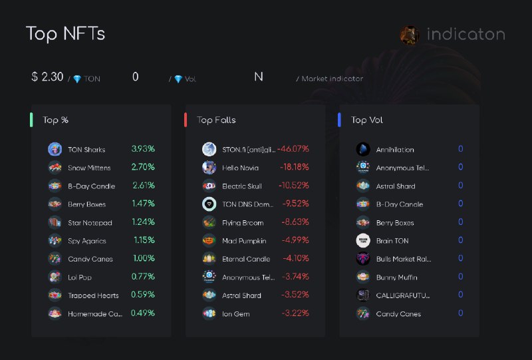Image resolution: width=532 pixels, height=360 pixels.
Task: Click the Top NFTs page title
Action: (x=65, y=34)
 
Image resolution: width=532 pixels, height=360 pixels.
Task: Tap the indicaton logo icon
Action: (x=410, y=35)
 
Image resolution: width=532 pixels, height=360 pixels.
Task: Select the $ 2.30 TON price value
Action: (x=47, y=77)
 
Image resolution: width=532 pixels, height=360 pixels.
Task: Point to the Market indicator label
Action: (x=332, y=79)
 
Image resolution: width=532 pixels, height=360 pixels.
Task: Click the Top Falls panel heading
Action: (x=216, y=120)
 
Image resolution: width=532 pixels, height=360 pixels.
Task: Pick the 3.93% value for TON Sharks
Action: (x=143, y=149)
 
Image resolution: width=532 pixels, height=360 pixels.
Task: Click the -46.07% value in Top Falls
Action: (x=293, y=149)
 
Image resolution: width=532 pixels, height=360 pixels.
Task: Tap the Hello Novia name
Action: (x=240, y=168)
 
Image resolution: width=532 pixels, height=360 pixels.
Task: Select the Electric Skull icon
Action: (x=209, y=186)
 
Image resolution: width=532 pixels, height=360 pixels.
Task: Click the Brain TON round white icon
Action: (x=363, y=240)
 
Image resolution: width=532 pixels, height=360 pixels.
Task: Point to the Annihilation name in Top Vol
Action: (x=395, y=150)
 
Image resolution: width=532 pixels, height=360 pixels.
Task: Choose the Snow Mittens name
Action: (x=89, y=168)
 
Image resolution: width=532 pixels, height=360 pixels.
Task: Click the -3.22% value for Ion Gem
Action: (x=295, y=313)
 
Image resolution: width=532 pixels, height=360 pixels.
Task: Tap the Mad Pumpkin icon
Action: (x=209, y=240)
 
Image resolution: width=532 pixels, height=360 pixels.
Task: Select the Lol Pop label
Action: (x=80, y=277)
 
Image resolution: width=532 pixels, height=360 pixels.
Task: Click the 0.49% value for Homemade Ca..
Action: (x=143, y=313)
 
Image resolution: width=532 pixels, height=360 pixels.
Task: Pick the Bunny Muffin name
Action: (x=396, y=277)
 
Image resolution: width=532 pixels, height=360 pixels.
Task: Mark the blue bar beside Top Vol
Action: (x=339, y=120)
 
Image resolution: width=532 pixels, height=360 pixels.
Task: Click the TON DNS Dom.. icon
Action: (x=209, y=204)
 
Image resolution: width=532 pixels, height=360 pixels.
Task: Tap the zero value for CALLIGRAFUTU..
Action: (x=460, y=295)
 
